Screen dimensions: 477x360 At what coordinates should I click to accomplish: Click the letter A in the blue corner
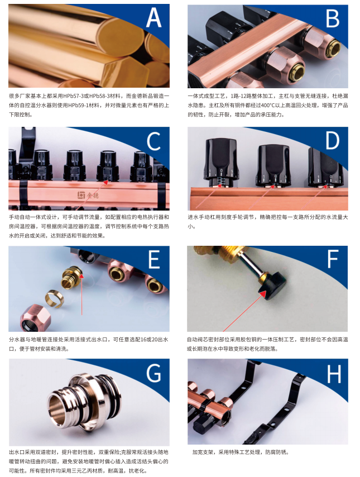[x=153, y=17]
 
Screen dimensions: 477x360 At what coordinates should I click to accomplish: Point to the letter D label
[x=332, y=141]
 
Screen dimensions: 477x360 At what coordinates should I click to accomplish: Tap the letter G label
[x=153, y=373]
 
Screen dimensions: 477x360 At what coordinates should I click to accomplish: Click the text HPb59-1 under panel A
[x=85, y=104]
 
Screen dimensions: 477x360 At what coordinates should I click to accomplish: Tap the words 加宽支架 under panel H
[x=203, y=452]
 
